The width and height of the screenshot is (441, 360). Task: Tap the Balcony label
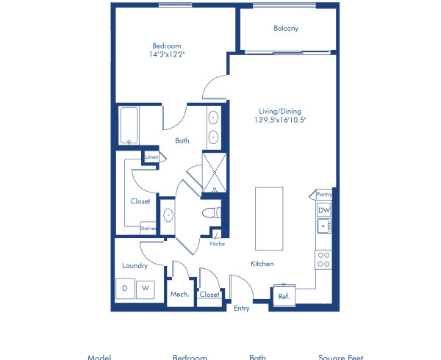click(285, 29)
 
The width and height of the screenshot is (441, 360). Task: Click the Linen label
click(151, 156)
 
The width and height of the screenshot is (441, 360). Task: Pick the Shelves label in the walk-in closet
click(149, 228)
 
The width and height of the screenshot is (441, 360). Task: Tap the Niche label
click(217, 243)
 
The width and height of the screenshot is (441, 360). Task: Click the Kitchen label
click(262, 264)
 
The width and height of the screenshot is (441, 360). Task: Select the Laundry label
click(135, 266)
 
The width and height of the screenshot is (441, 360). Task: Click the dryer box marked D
click(125, 289)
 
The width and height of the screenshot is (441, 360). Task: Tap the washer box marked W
click(145, 289)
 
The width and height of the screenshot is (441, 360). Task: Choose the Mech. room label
click(180, 295)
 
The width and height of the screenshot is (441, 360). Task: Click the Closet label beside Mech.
click(209, 295)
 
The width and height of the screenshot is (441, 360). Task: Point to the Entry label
click(242, 309)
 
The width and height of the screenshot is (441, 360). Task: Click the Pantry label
click(324, 195)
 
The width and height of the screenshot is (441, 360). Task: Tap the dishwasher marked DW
click(323, 210)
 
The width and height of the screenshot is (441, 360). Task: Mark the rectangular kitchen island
click(269, 218)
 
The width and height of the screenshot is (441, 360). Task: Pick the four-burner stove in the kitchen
click(323, 258)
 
